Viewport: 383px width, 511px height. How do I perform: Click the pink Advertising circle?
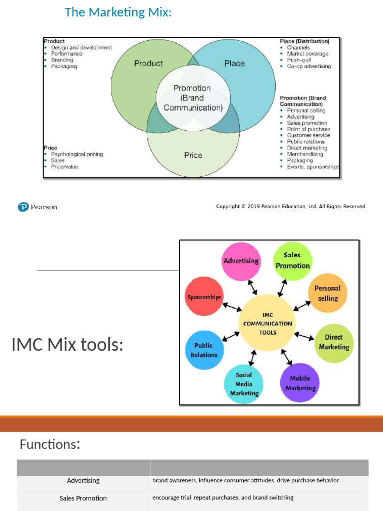(241, 261)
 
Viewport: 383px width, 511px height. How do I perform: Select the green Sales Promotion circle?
(292, 260)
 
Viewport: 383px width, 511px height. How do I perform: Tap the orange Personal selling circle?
(327, 293)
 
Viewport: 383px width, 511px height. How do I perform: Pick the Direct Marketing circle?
(334, 342)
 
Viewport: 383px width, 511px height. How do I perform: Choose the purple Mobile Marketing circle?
(300, 383)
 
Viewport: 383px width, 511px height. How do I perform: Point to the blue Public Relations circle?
(204, 350)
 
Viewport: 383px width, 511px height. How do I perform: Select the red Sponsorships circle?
(204, 297)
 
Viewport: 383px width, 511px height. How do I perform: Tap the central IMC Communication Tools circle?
(267, 323)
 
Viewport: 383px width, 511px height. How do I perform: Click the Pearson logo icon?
(23, 207)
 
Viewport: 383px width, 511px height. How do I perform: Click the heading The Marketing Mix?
(118, 12)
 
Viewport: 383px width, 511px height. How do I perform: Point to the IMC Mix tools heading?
(67, 344)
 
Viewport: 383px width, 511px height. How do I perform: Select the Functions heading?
(50, 444)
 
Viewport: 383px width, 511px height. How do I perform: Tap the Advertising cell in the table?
(83, 481)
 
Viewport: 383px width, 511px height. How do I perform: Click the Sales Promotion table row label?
(83, 498)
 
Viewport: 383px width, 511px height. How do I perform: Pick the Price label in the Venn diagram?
(193, 155)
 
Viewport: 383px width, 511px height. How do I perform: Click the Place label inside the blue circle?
(234, 63)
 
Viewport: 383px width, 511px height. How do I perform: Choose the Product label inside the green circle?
(148, 63)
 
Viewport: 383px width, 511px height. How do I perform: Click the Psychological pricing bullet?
(77, 154)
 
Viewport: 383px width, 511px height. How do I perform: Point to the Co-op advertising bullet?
(308, 66)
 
